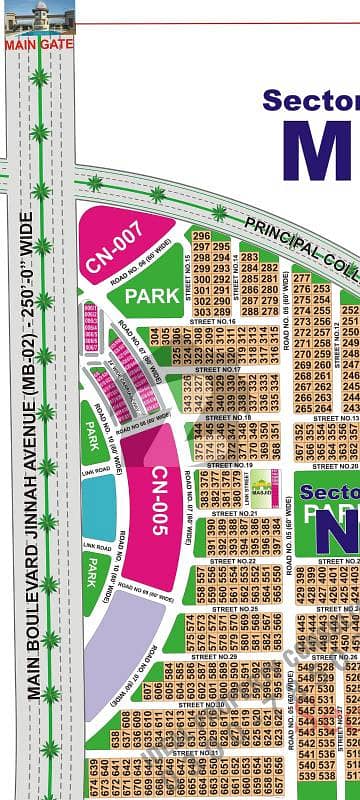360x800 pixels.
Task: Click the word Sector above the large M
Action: coord(309,101)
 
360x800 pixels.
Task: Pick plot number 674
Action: coord(96,764)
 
